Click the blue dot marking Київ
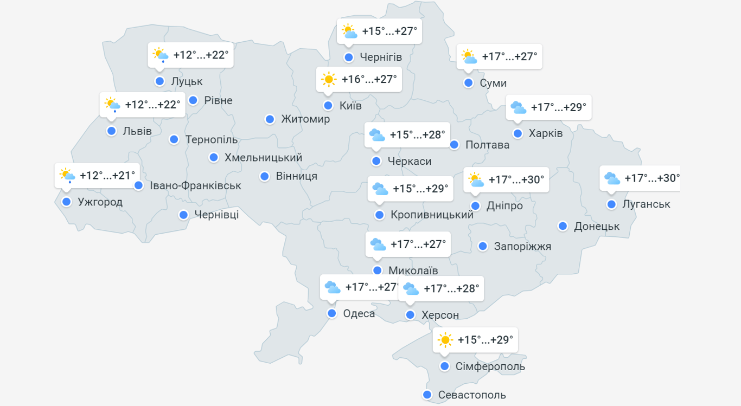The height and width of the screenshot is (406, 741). tap(328, 106)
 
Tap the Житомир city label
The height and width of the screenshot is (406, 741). tap(305, 119)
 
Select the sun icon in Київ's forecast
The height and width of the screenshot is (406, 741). tap(329, 80)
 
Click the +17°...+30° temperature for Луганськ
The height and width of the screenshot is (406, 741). tap(651, 178)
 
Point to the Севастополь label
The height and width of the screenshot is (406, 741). tap(472, 395)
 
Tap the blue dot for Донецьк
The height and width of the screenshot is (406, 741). tap(563, 226)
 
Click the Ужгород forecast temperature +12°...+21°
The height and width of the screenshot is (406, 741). tap(107, 176)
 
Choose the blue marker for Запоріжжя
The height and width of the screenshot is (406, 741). tap(483, 246)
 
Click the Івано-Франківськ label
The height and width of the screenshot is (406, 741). tap(195, 185)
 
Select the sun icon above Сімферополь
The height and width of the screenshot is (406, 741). tap(445, 340)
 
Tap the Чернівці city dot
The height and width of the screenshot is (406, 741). tap(184, 215)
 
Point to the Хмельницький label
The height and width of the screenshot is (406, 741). tap(263, 158)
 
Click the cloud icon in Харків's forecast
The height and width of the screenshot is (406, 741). tap(518, 107)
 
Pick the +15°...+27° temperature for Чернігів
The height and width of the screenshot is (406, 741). tap(390, 31)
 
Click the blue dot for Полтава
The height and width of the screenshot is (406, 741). tap(455, 145)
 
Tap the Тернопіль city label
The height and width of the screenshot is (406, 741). tap(212, 140)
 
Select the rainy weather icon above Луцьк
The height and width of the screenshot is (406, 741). tap(160, 55)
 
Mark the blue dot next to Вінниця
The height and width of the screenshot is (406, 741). tap(265, 176)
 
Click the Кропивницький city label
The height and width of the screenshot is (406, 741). tap(432, 215)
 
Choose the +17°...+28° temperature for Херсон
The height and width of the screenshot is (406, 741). tap(451, 289)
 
